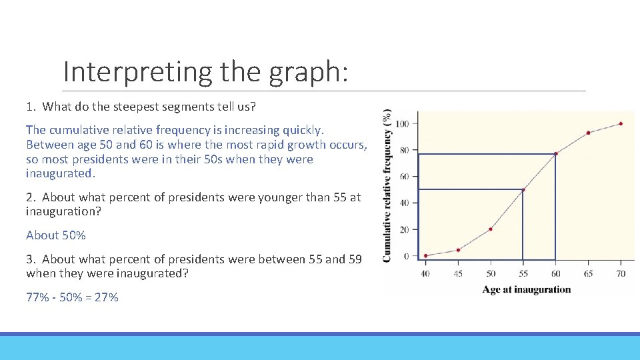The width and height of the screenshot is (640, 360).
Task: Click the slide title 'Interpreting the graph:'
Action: [205, 71]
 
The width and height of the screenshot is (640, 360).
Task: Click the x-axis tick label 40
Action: [426, 273]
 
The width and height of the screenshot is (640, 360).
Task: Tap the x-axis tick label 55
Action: [523, 273]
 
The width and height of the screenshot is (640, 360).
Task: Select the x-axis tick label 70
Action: [621, 273]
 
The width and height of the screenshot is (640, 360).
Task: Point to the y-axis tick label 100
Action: [402, 124]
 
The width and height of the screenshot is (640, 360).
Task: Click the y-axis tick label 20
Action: [404, 230]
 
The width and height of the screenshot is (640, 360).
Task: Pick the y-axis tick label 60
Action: [404, 177]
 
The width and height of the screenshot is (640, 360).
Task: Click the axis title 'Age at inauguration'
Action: [527, 289]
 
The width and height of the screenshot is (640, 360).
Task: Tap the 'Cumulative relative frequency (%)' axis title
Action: [387, 186]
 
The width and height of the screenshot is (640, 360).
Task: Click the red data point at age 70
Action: [621, 123]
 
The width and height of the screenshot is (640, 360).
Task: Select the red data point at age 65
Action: [588, 133]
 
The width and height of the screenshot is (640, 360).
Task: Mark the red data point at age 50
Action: [491, 229]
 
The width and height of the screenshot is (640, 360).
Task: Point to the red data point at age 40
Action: [426, 255]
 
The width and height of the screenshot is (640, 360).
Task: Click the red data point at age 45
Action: [458, 250]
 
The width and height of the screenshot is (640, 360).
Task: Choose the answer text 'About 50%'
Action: [56, 235]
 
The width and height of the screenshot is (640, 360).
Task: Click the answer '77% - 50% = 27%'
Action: [72, 297]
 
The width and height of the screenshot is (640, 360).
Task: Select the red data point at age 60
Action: [555, 154]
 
